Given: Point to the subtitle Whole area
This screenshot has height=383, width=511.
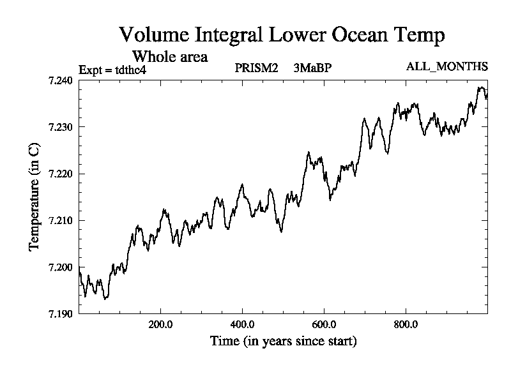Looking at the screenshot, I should pos(169,56).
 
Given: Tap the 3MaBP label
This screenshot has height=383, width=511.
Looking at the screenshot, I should pos(313,68).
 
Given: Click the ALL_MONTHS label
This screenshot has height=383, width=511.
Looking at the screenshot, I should pos(446,67).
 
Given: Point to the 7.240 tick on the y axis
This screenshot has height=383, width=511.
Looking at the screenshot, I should pos(62,80).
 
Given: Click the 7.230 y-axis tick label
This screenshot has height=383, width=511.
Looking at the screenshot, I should pos(62,127).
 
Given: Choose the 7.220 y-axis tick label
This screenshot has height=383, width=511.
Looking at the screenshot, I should pos(62,174).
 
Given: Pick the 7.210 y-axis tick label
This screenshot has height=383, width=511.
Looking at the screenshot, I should pos(62,220).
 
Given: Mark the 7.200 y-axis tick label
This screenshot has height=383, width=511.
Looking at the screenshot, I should pos(62,267).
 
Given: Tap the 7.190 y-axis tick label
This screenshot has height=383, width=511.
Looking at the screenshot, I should pos(62,313).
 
